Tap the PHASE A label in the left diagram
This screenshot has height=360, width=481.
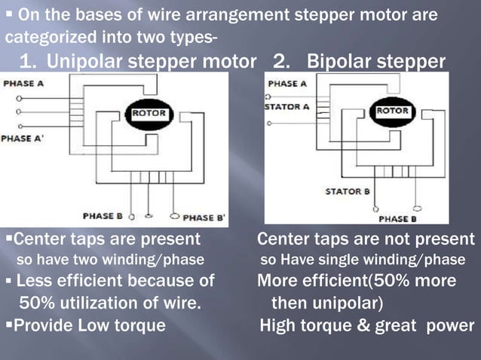[23, 84]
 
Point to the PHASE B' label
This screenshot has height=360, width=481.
[204, 218]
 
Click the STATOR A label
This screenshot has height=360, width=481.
[287, 107]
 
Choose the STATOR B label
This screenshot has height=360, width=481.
[348, 192]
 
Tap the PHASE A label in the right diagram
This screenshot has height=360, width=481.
[287, 84]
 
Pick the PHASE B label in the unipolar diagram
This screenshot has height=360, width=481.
[103, 216]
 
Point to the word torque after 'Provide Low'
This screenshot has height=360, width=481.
[142, 326]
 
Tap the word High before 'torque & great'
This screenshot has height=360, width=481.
[278, 326]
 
